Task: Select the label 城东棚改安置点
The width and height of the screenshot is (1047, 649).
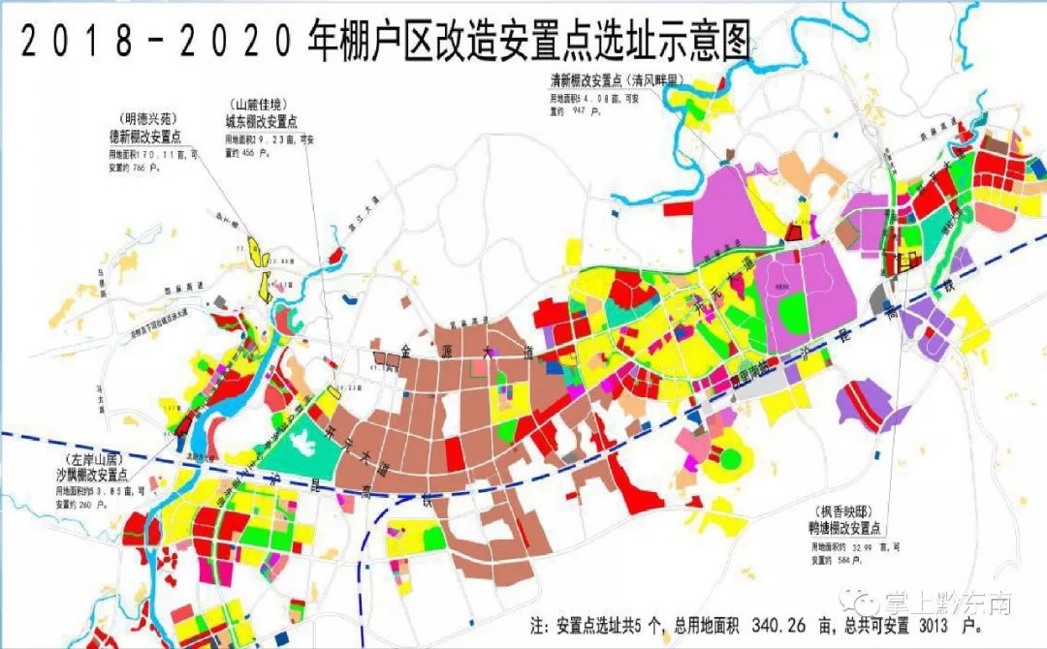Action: click(262, 121)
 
